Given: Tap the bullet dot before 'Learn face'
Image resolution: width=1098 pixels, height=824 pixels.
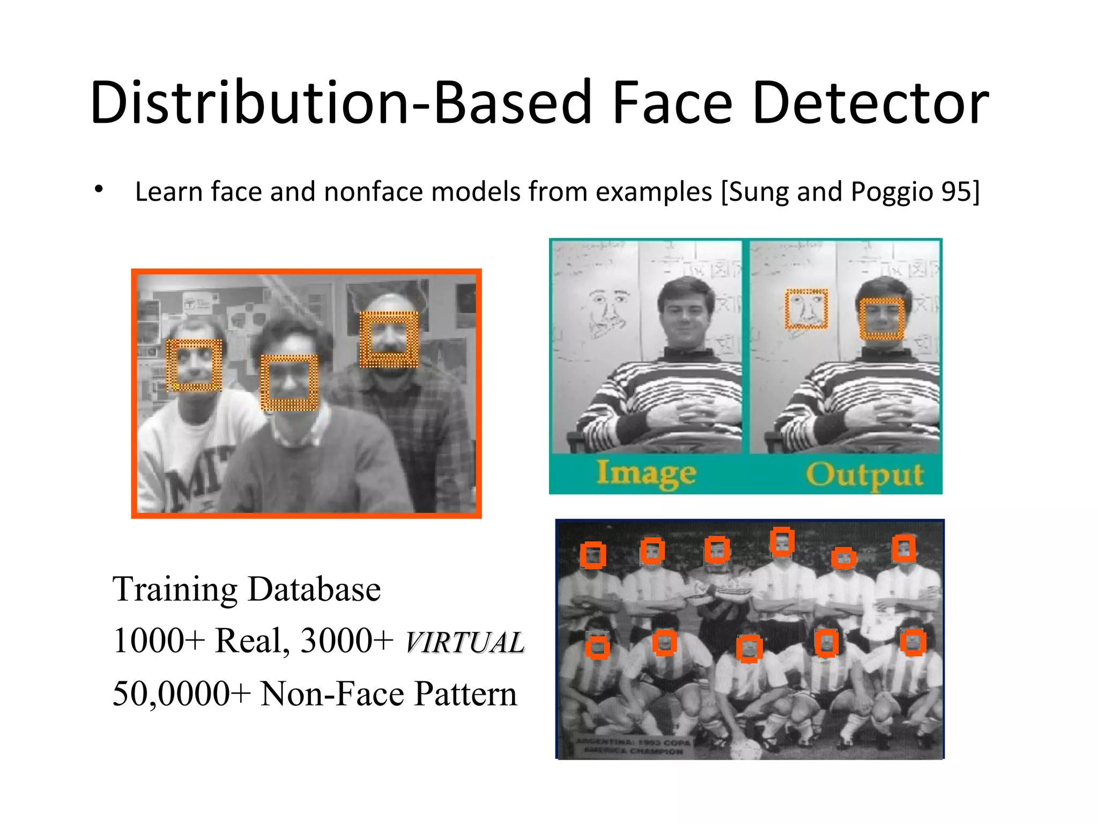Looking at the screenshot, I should click(98, 189).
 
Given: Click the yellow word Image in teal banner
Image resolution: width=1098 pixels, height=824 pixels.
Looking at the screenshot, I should click(647, 474).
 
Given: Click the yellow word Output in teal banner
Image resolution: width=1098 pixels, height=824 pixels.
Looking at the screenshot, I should click(864, 475).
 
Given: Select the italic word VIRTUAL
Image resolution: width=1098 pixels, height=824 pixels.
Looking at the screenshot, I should click(464, 642).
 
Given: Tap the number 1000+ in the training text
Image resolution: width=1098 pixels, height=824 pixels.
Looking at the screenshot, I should click(159, 641).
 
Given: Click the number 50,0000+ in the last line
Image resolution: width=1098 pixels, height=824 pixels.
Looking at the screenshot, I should click(181, 694).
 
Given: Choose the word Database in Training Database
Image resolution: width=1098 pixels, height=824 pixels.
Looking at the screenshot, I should click(314, 589).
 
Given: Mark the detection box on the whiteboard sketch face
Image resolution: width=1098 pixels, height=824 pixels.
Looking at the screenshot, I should click(806, 308).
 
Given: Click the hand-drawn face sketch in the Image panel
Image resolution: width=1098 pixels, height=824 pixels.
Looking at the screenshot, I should click(607, 311).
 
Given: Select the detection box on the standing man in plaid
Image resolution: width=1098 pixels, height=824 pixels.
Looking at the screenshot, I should click(389, 339).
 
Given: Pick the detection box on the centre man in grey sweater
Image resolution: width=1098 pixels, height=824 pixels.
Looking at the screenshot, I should click(289, 382).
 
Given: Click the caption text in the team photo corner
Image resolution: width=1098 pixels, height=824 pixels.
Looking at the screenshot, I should click(633, 746).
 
